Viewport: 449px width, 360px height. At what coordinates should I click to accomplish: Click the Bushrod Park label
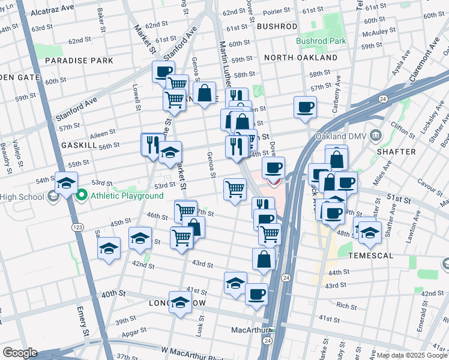(321, 41)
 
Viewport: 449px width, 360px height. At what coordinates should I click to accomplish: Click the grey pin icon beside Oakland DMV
(376, 134)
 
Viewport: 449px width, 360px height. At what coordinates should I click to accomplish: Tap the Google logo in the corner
(20, 352)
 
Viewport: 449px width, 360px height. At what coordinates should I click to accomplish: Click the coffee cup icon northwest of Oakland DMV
(306, 107)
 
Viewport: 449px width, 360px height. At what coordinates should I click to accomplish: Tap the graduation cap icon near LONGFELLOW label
(179, 302)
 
